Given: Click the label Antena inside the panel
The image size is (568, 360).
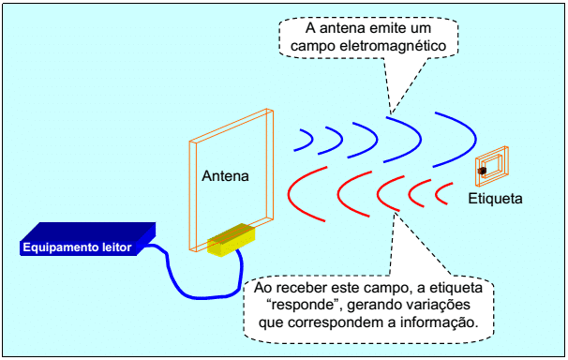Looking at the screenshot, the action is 225,176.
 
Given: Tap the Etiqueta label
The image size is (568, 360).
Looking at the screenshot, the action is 495,199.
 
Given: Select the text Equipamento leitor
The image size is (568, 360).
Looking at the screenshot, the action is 77,247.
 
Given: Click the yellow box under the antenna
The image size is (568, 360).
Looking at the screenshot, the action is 232,239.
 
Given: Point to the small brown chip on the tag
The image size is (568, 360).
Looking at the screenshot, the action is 482,171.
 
